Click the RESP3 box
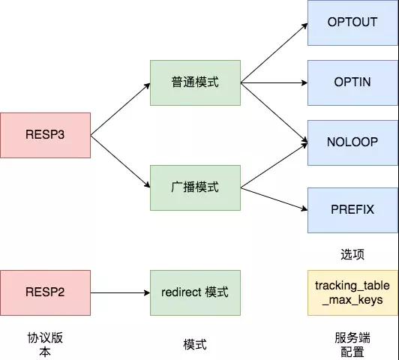(x=45, y=135)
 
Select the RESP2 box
(x=45, y=292)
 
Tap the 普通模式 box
(x=195, y=82)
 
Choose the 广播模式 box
(x=195, y=187)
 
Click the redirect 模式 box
(x=195, y=292)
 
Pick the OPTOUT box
(x=352, y=22)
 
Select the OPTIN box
(x=352, y=82)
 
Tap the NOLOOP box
(x=352, y=142)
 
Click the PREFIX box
(x=352, y=210)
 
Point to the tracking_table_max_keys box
(x=352, y=292)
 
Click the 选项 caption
(x=352, y=254)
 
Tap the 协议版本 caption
(x=45, y=345)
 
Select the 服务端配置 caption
(x=352, y=345)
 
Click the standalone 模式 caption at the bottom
(x=195, y=345)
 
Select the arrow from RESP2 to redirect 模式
(x=120, y=292)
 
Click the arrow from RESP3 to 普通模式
(x=120, y=109)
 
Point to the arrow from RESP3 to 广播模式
(x=120, y=161)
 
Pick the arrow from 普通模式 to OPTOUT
(x=274, y=53)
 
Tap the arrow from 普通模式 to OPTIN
(x=274, y=83)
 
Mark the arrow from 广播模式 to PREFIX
(x=274, y=199)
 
